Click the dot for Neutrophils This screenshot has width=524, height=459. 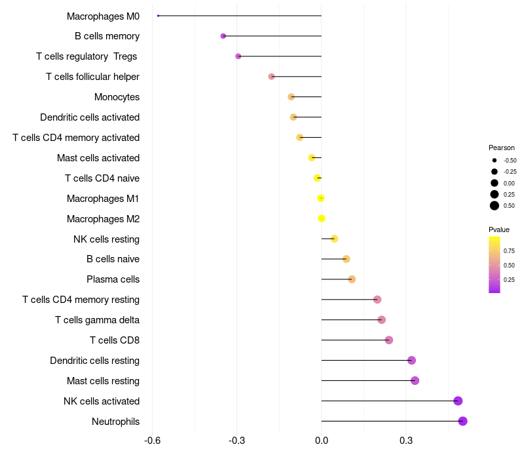tap(462, 421)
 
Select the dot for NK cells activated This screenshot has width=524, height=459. tap(458, 401)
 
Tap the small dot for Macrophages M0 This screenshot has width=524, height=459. tap(159, 16)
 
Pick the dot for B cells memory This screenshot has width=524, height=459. tap(223, 36)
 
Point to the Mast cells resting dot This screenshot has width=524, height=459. tap(415, 380)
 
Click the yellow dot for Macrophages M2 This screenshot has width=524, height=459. tap(322, 218)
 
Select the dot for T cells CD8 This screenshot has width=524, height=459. tap(389, 340)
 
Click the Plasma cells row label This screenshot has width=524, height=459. tap(113, 279)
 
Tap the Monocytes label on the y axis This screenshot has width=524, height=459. tap(117, 97)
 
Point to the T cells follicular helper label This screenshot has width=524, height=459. tap(92, 77)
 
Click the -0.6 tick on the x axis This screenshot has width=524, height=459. tap(153, 440)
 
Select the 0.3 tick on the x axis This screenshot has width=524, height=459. tap(406, 440)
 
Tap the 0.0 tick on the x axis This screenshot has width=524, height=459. tap(322, 440)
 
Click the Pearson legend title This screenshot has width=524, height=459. tap(502, 148)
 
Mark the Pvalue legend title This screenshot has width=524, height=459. tap(499, 229)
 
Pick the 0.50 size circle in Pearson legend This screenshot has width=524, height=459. tap(495, 206)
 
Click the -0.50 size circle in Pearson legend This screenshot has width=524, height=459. tap(495, 160)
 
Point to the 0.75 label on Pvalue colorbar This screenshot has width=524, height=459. tap(509, 250)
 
